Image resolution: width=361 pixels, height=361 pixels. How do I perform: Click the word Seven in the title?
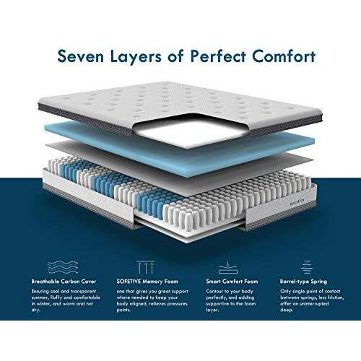coord(81,56)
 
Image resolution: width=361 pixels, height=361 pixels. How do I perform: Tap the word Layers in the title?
coord(136,57)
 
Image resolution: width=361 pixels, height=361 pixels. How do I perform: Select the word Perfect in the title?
coord(218,56)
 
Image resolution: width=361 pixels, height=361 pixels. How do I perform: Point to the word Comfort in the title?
coord(284,56)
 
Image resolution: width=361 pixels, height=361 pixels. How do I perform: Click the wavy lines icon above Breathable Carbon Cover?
coord(63,267)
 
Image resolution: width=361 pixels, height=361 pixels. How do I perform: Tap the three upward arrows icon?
coord(145,267)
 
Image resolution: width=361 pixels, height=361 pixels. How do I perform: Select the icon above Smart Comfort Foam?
coord(228,267)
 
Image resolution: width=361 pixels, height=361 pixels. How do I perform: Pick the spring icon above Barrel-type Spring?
coord(307,267)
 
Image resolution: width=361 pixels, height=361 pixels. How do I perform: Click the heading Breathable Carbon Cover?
coord(64,282)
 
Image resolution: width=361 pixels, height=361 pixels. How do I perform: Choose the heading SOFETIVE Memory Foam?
coord(147,282)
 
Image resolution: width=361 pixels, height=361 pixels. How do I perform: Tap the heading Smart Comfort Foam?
coord(232,282)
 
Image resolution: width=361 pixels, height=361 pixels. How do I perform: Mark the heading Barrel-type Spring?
coord(303,282)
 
